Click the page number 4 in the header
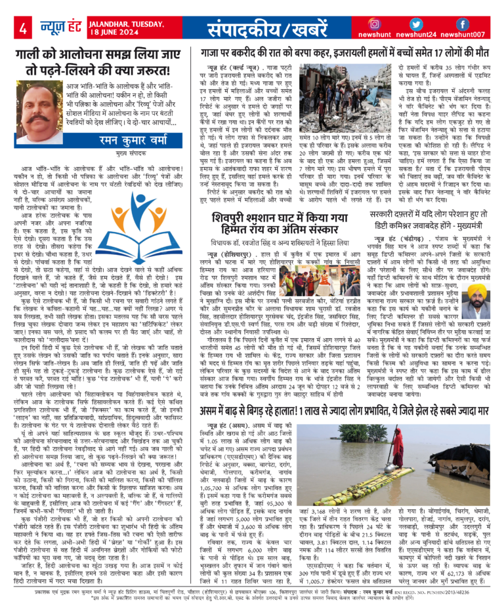click(22, 28)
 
